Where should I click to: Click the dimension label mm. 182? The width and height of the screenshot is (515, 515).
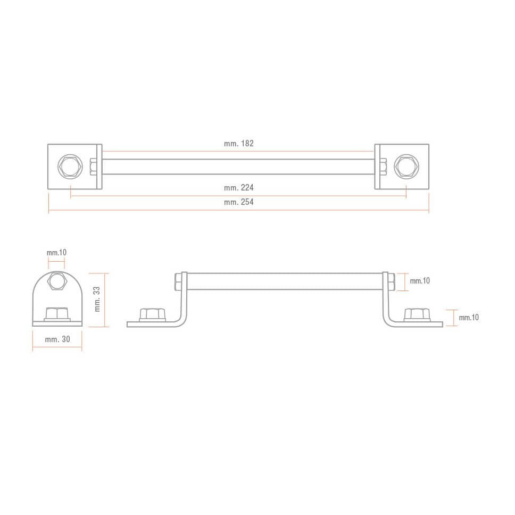tap(239, 144)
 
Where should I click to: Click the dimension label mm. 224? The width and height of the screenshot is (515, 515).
tap(239, 188)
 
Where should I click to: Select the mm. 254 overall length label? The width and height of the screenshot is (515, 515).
tap(239, 202)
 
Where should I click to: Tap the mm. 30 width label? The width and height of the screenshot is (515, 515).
tap(57, 339)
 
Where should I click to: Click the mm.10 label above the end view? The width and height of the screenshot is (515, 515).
tap(56, 252)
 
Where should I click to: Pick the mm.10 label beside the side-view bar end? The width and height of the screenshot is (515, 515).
tap(420, 281)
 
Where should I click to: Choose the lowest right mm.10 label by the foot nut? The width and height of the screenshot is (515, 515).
tap(469, 318)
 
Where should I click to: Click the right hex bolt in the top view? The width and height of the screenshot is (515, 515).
tap(406, 167)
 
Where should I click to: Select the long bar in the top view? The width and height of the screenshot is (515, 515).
tap(238, 167)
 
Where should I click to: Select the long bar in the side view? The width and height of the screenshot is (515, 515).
tap(285, 281)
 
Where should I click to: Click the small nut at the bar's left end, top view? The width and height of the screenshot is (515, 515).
tap(94, 167)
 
